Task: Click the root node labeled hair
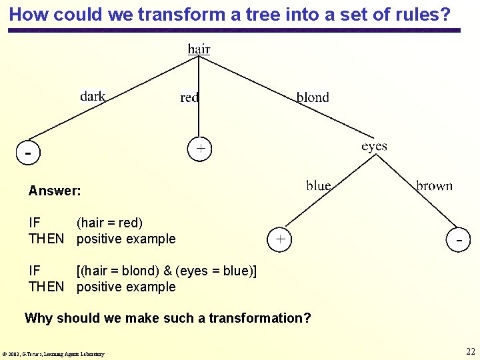point(199,49)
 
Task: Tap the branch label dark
point(93,96)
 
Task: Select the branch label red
point(189,98)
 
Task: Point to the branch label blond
point(313,97)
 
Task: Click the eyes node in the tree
point(374,146)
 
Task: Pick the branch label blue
point(319,185)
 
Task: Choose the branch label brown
point(434,186)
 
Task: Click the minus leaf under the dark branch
point(28,153)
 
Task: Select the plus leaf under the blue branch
point(281,238)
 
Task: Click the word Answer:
point(55,191)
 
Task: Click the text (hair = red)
point(109,223)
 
